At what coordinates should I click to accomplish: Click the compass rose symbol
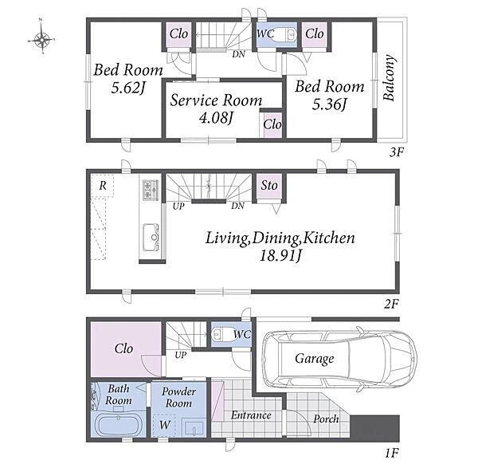click(x=41, y=40)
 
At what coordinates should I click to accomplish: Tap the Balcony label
click(x=389, y=78)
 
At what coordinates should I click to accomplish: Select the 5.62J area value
click(x=127, y=88)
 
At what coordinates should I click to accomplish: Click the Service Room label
click(x=216, y=100)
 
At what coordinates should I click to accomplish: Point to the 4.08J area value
click(x=216, y=117)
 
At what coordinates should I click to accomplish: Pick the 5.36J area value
click(x=330, y=104)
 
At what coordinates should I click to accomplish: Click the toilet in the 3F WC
click(x=286, y=34)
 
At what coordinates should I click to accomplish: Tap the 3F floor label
click(x=397, y=152)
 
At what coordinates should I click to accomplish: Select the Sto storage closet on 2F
click(x=269, y=186)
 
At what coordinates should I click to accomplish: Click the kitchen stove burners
click(x=151, y=190)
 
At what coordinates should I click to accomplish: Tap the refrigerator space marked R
click(x=102, y=186)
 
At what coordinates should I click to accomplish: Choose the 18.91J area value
click(x=280, y=256)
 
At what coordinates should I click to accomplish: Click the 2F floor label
click(x=392, y=304)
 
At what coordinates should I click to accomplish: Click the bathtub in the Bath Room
click(x=118, y=425)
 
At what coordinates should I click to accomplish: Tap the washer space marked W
click(x=164, y=425)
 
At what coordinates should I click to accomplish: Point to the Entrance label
click(x=251, y=415)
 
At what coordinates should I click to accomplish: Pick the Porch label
click(x=326, y=419)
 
